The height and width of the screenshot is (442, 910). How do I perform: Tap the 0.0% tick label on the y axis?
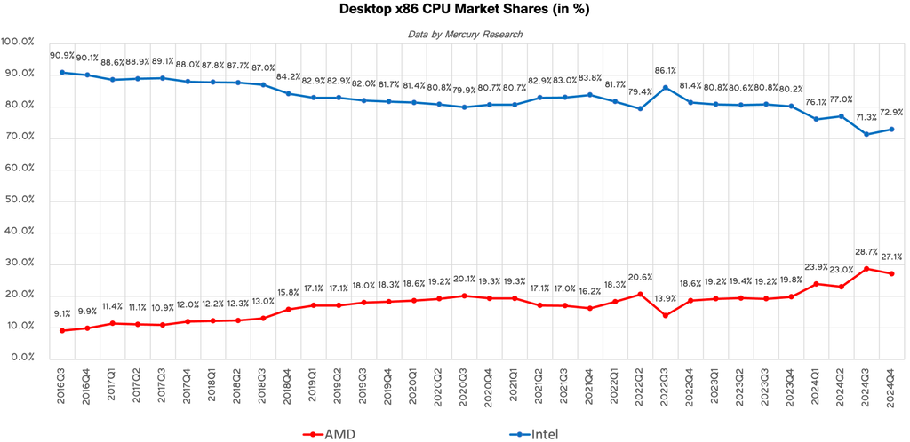tap(20, 358)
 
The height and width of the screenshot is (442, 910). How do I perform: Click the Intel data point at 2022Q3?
tap(665, 87)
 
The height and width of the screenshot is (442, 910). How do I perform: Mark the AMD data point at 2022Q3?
tap(665, 315)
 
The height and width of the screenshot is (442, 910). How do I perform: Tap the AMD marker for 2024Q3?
tap(866, 268)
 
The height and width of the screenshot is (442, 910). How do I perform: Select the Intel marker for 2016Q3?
tap(62, 72)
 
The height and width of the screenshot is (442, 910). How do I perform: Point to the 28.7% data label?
tap(866, 252)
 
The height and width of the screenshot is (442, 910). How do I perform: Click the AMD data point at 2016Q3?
tap(62, 330)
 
